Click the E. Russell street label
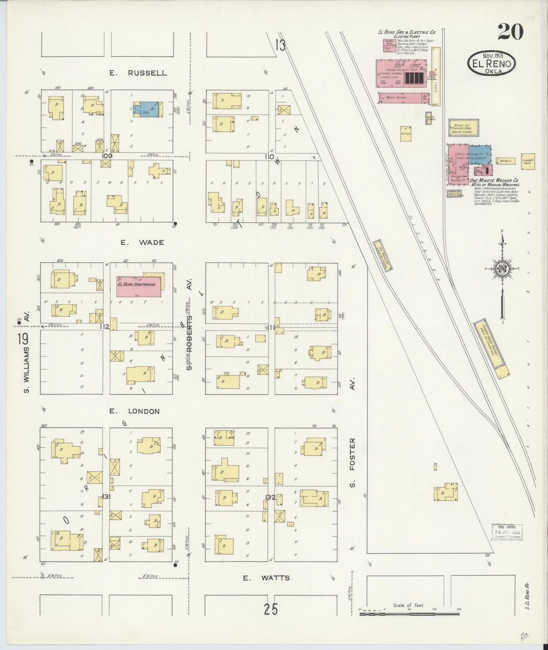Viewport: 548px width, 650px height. pyautogui.click(x=138, y=73)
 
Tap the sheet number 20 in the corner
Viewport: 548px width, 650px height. pyautogui.click(x=510, y=32)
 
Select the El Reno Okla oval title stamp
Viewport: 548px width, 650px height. pyautogui.click(x=491, y=64)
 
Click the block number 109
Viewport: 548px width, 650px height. pyautogui.click(x=107, y=156)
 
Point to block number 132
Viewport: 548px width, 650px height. pyautogui.click(x=271, y=497)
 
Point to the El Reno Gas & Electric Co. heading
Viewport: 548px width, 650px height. pyautogui.click(x=406, y=32)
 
